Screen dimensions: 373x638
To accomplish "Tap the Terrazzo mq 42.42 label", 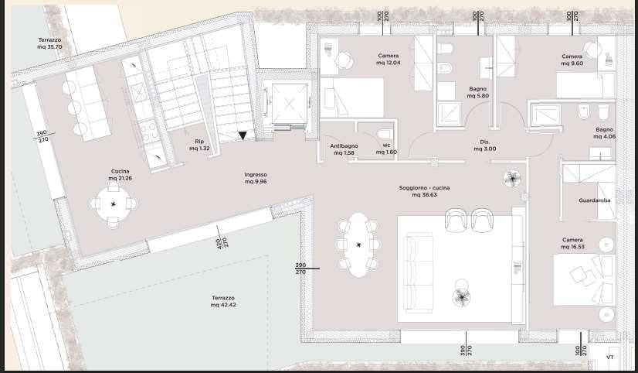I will (222, 302).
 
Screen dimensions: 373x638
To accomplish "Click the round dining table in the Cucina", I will (114, 204).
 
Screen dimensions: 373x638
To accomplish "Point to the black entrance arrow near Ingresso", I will (243, 136).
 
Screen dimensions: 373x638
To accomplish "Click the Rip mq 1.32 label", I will (199, 145).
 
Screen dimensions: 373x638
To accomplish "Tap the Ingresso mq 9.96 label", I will (256, 178).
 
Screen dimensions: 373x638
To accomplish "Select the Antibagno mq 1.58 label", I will (342, 149).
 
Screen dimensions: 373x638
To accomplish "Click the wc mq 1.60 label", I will (385, 149).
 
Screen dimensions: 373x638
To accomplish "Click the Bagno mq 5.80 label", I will (477, 92).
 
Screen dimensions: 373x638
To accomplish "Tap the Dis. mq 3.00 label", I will (485, 145).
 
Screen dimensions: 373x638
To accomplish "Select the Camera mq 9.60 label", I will (572, 60).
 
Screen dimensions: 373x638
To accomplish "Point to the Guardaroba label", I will (595, 200).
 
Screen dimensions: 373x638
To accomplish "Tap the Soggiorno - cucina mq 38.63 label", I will (424, 192).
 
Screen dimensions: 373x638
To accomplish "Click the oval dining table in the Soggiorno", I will (358, 245).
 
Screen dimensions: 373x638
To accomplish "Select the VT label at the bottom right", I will (609, 358).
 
